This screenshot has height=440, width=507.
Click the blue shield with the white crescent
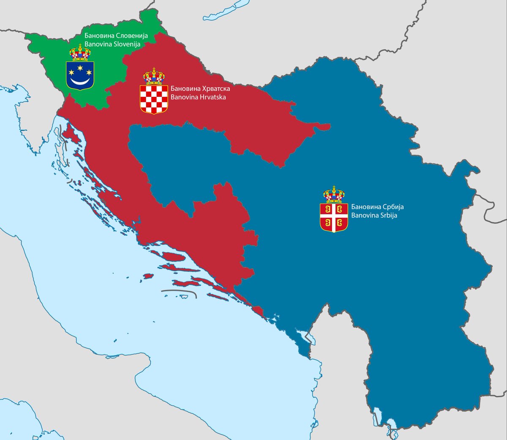pos(80,75)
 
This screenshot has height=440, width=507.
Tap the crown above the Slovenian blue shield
pos(80,52)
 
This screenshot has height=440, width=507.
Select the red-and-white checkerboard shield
pos(154,99)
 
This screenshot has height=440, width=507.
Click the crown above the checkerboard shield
pos(154,76)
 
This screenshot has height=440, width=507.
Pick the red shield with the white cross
pos(334,217)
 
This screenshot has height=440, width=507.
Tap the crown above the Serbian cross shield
pos(334,195)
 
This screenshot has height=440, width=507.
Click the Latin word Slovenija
pos(125,44)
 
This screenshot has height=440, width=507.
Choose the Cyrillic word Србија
pos(391,207)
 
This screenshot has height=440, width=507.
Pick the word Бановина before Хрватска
pos(183,89)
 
